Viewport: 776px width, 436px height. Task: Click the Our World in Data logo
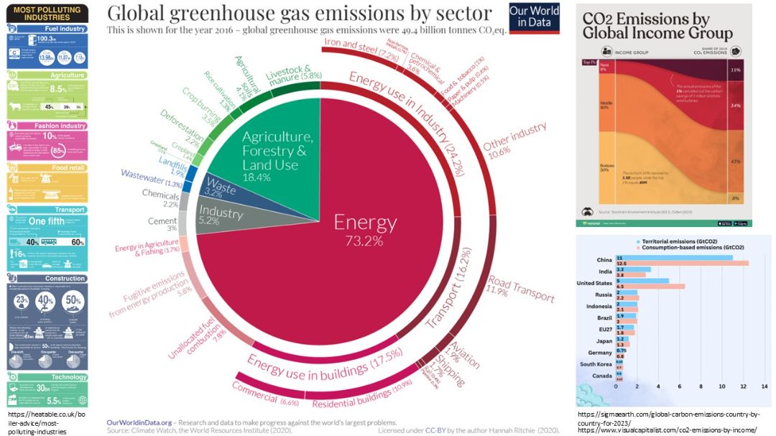coord(534,18)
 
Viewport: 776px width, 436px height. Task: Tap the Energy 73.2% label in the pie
coord(365,230)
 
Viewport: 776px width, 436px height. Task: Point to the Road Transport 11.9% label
coord(521,287)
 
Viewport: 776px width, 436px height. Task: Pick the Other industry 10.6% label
coord(515,141)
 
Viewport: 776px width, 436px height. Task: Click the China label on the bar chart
coord(604,260)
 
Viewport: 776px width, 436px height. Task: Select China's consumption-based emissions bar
coord(682,263)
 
